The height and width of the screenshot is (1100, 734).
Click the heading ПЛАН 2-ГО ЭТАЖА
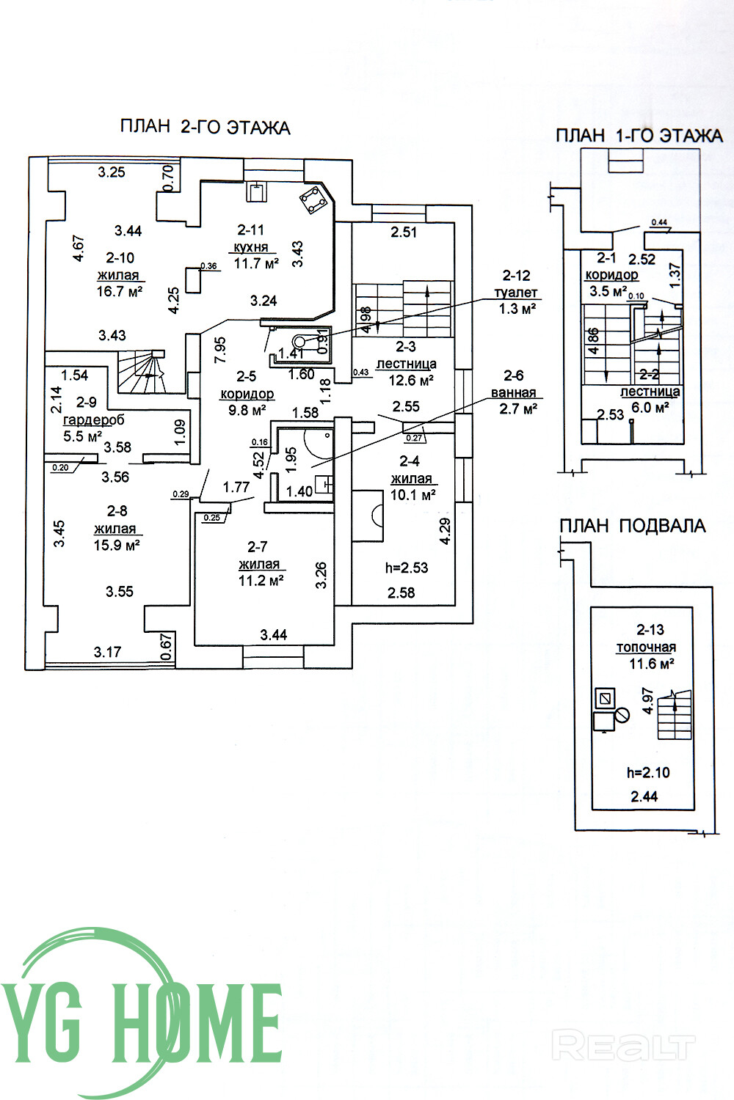tap(205, 127)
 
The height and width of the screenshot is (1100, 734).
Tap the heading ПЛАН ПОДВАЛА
tap(632, 526)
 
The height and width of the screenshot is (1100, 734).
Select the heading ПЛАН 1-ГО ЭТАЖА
tap(639, 136)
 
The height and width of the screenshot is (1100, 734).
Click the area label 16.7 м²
tap(119, 292)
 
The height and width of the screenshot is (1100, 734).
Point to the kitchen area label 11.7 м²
tap(256, 263)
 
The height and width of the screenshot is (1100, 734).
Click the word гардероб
tap(93, 420)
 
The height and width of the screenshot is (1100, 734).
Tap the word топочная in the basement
tap(646, 648)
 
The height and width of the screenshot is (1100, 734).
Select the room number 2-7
tap(258, 546)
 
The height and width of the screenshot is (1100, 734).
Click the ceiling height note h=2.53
tap(406, 568)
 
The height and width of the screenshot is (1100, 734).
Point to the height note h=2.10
tap(648, 772)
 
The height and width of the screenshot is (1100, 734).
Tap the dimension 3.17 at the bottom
tap(108, 651)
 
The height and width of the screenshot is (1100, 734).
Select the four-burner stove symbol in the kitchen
tap(314, 199)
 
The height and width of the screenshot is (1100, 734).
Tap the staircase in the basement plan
tap(674, 715)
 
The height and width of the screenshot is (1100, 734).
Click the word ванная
tap(513, 393)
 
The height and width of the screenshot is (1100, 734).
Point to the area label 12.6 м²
tap(407, 380)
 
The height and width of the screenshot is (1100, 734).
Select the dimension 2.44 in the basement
tap(644, 796)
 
